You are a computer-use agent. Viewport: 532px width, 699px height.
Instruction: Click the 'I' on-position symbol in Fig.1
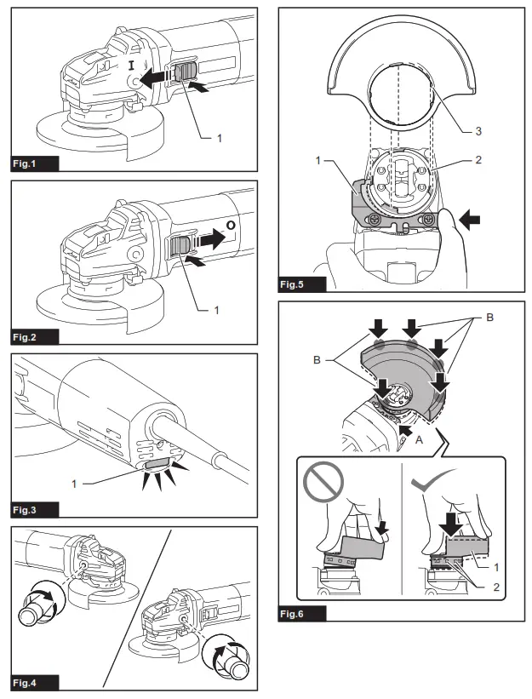tap(131, 65)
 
